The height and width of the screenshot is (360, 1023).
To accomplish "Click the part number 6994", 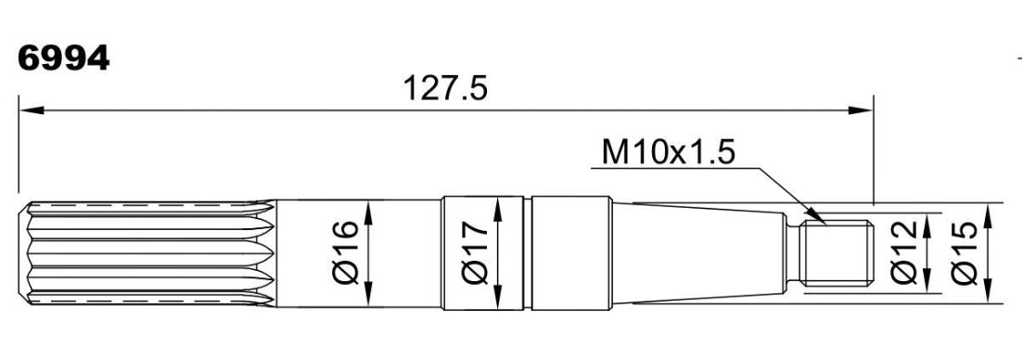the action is [63, 59].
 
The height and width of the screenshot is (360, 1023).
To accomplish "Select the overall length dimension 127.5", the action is [445, 88].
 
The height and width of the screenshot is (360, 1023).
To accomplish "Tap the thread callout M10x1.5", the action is [668, 152].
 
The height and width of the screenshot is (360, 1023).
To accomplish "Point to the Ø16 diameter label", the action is [345, 252].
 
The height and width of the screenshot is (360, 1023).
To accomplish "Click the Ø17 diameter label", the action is [474, 252].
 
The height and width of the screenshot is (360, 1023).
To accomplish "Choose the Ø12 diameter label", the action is [903, 252].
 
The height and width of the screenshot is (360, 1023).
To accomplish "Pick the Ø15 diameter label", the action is [965, 252].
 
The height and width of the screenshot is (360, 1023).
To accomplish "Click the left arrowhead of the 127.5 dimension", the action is [32, 110].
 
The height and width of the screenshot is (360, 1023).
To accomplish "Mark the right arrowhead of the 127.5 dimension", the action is [860, 110].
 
